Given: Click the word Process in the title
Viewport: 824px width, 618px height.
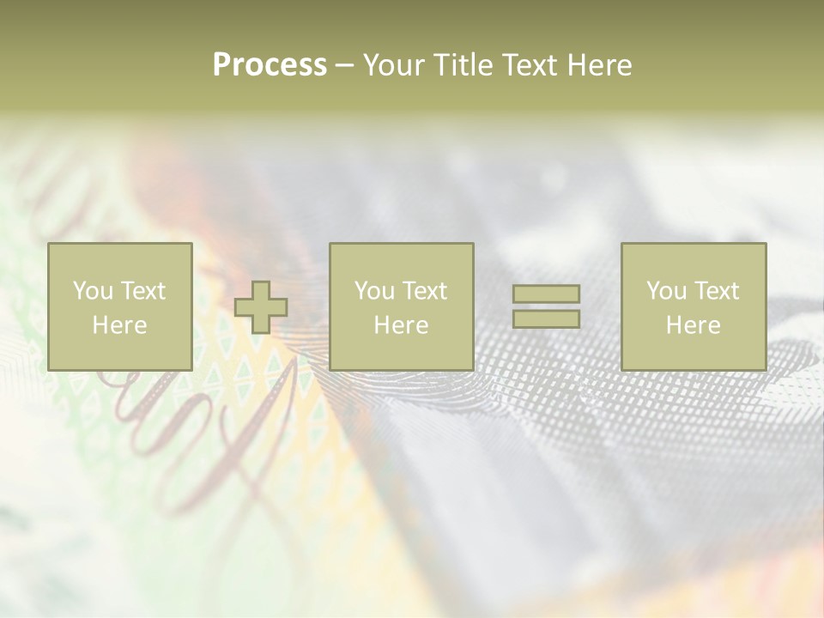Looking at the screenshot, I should (270, 65).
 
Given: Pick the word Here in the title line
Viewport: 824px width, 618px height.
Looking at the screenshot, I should (601, 65).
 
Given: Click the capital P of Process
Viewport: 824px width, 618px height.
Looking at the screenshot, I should (221, 65).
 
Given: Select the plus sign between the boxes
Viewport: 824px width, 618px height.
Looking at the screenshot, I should (261, 307).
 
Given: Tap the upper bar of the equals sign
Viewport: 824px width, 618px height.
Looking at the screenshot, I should (546, 294).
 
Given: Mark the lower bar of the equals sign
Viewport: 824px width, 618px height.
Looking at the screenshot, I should (546, 319).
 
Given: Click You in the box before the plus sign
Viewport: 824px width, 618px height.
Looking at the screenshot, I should (91, 291).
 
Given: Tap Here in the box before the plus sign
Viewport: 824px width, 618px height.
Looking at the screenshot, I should (119, 325).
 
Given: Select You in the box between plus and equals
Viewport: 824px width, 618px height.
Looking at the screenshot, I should (373, 291).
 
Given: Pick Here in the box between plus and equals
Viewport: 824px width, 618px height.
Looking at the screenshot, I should (401, 325).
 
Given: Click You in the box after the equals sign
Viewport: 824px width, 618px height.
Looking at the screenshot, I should (665, 291).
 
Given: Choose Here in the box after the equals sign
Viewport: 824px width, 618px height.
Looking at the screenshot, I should (693, 325).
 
